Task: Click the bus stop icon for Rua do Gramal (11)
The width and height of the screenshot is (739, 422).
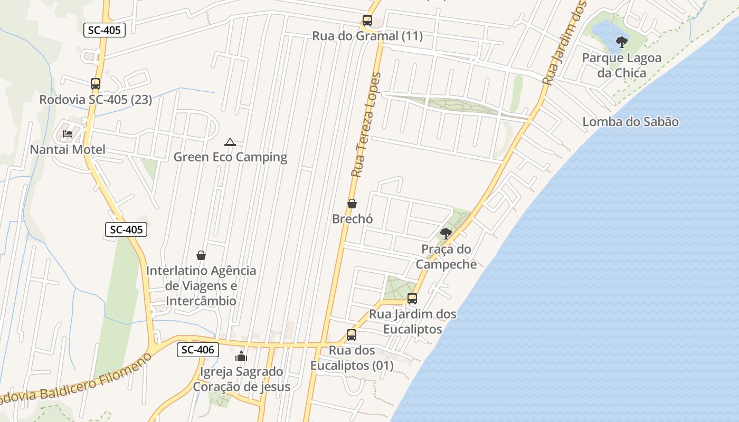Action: (367, 21)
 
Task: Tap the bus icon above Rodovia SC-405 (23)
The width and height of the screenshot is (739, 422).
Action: (95, 84)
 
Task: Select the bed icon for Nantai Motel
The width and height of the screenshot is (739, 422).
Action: (68, 134)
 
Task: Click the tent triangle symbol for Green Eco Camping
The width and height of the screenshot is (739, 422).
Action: (230, 142)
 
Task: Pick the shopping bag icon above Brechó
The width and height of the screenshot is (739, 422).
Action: (352, 204)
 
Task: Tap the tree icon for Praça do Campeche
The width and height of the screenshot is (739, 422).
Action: (446, 233)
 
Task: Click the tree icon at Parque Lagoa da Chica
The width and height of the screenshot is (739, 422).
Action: (622, 42)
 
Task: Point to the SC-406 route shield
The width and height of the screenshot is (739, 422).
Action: (197, 349)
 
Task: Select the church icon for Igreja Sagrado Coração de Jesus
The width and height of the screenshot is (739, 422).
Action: (241, 356)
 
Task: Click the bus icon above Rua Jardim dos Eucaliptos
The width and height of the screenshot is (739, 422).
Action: (412, 299)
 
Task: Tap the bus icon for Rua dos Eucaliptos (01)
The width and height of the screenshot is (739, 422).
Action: (352, 335)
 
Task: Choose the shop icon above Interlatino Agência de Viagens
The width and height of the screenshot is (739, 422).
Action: (201, 255)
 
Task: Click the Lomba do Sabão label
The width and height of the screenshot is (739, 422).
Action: (630, 122)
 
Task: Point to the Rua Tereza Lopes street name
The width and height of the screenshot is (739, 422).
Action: (365, 125)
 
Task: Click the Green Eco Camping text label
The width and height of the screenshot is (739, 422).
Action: (230, 157)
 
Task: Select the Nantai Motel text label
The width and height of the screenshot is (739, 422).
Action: (68, 150)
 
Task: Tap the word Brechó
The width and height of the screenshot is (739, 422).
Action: (352, 219)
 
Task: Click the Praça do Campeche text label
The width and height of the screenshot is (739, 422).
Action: (446, 256)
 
